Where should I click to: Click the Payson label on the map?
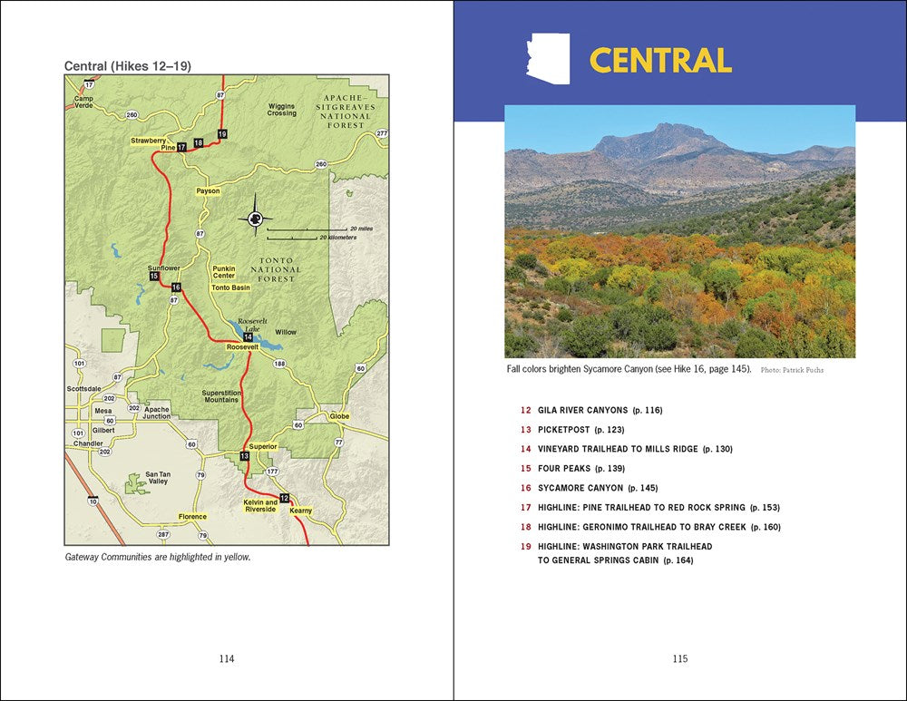208,191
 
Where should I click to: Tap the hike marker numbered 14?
248,337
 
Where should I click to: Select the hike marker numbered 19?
222,134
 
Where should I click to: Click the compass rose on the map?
255,219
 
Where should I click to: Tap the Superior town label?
263,446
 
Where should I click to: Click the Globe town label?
338,416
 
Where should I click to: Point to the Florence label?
192,517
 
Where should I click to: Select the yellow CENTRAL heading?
660,60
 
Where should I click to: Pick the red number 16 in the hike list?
525,488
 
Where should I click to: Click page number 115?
680,659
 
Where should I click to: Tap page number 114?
227,659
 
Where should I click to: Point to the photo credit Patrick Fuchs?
792,371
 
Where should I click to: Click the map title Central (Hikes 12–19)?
128,66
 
